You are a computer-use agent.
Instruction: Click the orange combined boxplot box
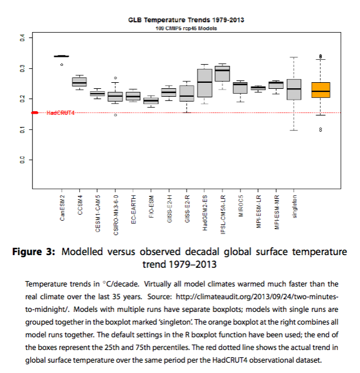[321, 90]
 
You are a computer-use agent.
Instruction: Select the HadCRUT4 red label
[60, 113]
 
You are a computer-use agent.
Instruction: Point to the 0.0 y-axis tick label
[22, 160]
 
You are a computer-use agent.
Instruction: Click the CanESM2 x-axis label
[62, 208]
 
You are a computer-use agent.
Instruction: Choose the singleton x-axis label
[294, 206]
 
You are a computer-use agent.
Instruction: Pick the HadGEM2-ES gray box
[205, 83]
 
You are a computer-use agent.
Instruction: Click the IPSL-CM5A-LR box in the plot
[222, 74]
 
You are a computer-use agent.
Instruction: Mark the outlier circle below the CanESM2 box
[62, 65]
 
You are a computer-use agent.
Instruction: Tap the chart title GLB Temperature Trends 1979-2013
[186, 20]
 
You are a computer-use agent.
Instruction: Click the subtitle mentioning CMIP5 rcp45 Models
[186, 28]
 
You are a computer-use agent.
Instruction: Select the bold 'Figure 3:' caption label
[33, 251]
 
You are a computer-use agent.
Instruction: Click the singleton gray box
[294, 89]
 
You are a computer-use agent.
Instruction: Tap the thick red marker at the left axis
[35, 113]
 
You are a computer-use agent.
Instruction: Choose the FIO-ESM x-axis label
[152, 207]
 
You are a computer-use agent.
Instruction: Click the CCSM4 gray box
[79, 82]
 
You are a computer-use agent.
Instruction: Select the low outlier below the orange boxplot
[321, 129]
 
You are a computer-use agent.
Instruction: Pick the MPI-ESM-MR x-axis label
[277, 212]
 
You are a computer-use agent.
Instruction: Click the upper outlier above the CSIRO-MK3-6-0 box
[115, 78]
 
